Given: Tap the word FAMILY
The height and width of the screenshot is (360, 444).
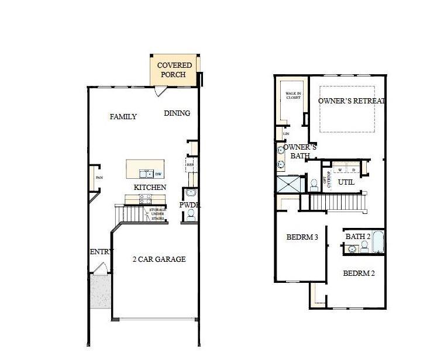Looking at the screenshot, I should coord(123,117).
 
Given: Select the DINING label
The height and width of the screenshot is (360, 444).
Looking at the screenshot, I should coord(177,113).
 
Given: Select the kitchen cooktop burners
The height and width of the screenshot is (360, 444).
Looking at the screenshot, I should coord(145,199).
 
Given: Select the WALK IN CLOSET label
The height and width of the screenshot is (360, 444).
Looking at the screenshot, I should coord(292,95).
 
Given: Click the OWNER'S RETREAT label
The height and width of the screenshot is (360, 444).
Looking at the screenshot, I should coord(352,101).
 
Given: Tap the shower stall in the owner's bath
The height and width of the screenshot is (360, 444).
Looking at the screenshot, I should coord(290,184).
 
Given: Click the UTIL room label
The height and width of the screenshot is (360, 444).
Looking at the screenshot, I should coord(346,182).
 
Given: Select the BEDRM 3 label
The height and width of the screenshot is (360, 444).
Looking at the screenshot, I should coord(302,238).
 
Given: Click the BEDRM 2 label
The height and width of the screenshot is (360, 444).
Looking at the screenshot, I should coord(359,274).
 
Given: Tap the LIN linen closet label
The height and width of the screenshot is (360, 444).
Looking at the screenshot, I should coord(286,134).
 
